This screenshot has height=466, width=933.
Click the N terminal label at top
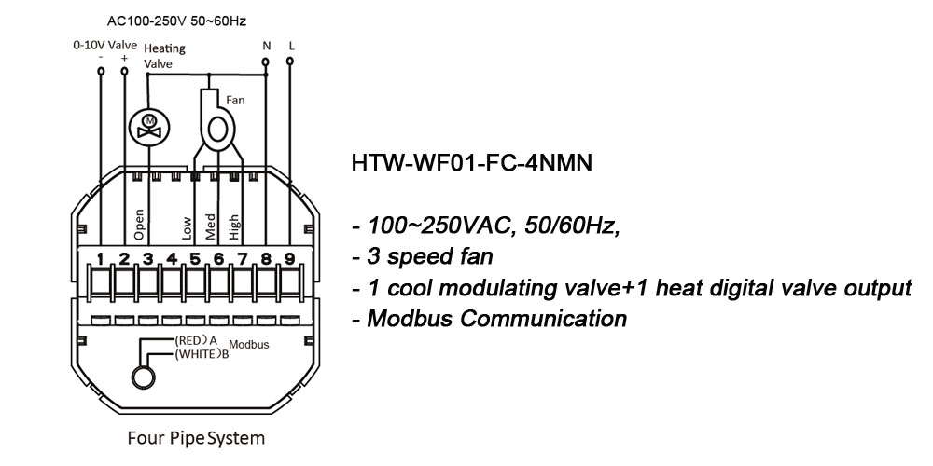click(x=266, y=45)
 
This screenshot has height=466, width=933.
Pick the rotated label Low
click(x=186, y=229)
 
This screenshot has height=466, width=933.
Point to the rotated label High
click(x=233, y=226)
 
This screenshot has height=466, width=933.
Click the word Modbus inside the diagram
click(x=249, y=345)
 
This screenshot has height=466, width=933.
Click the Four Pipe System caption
click(x=195, y=437)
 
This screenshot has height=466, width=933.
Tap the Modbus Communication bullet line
click(x=489, y=319)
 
